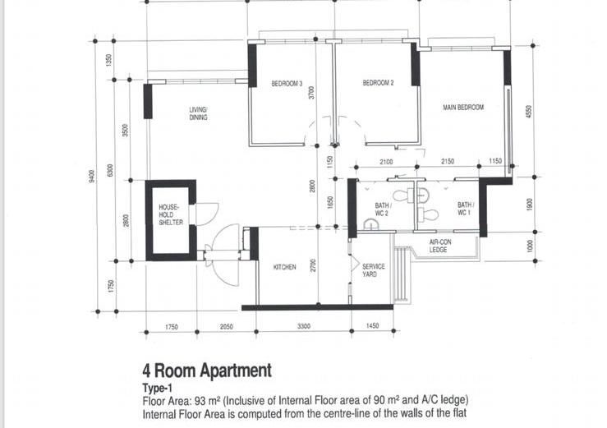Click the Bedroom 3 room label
coord(287,83)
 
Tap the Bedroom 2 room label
coord(378,82)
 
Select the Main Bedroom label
coord(463,108)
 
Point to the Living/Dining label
coord(198,113)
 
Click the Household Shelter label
coord(171,214)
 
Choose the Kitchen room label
coord(284,267)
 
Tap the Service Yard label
coord(373,270)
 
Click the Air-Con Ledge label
coord(439,246)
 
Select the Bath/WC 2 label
coord(383,209)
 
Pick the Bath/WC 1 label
coord(466,209)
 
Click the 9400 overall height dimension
coord(92,176)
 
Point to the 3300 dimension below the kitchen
coord(304,326)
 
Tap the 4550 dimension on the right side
coord(529,112)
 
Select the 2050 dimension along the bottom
coord(227,326)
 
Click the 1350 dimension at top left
coord(108,60)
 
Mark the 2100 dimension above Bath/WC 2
coord(386,162)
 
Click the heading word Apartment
coord(236,370)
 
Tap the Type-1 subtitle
coord(157,388)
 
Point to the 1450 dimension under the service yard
coord(372,326)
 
